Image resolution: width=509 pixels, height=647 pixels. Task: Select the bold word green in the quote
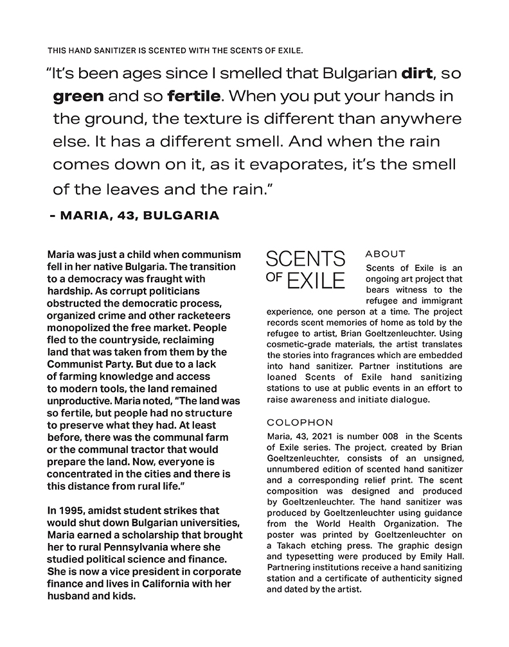[78, 97]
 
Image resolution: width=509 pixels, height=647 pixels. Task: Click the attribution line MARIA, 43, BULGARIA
[134, 216]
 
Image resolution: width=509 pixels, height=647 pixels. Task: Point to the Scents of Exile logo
[305, 270]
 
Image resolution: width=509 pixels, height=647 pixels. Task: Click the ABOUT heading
[385, 254]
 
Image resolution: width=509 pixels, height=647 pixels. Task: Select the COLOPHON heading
[300, 422]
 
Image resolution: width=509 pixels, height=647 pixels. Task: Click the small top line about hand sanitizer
[175, 50]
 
